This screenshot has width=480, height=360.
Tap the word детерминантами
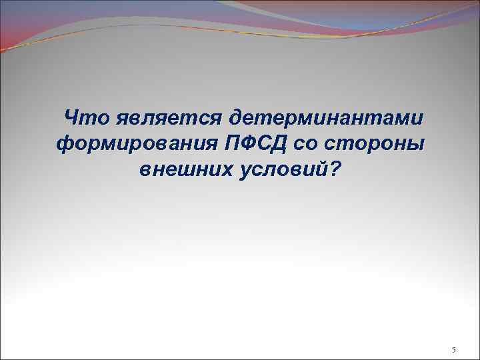[x=327, y=119]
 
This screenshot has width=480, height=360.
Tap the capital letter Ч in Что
[x=71, y=119]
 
